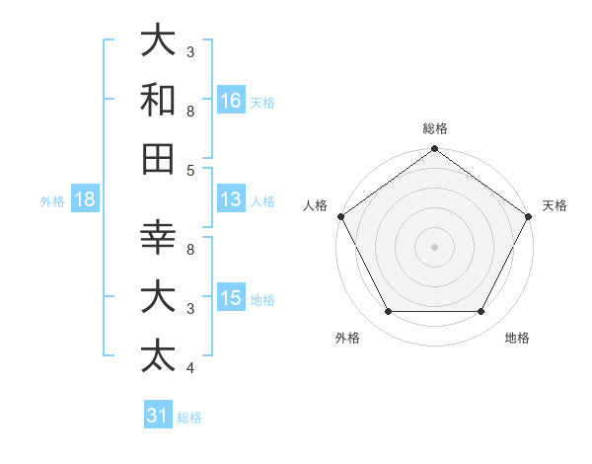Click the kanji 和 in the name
point(159,100)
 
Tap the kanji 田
point(159,158)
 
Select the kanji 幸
point(159,238)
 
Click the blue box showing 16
point(231,100)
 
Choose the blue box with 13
point(231,198)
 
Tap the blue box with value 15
point(231,298)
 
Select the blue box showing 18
point(85,199)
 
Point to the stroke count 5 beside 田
point(190,170)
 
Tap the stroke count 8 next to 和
point(190,112)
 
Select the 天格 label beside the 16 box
point(261,102)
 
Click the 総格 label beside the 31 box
point(189,418)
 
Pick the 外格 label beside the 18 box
point(52,201)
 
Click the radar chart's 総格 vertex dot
point(434,150)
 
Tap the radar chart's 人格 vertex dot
point(341,216)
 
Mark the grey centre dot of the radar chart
point(434,246)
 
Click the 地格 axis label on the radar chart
point(516,338)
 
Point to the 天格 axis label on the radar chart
point(555,205)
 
